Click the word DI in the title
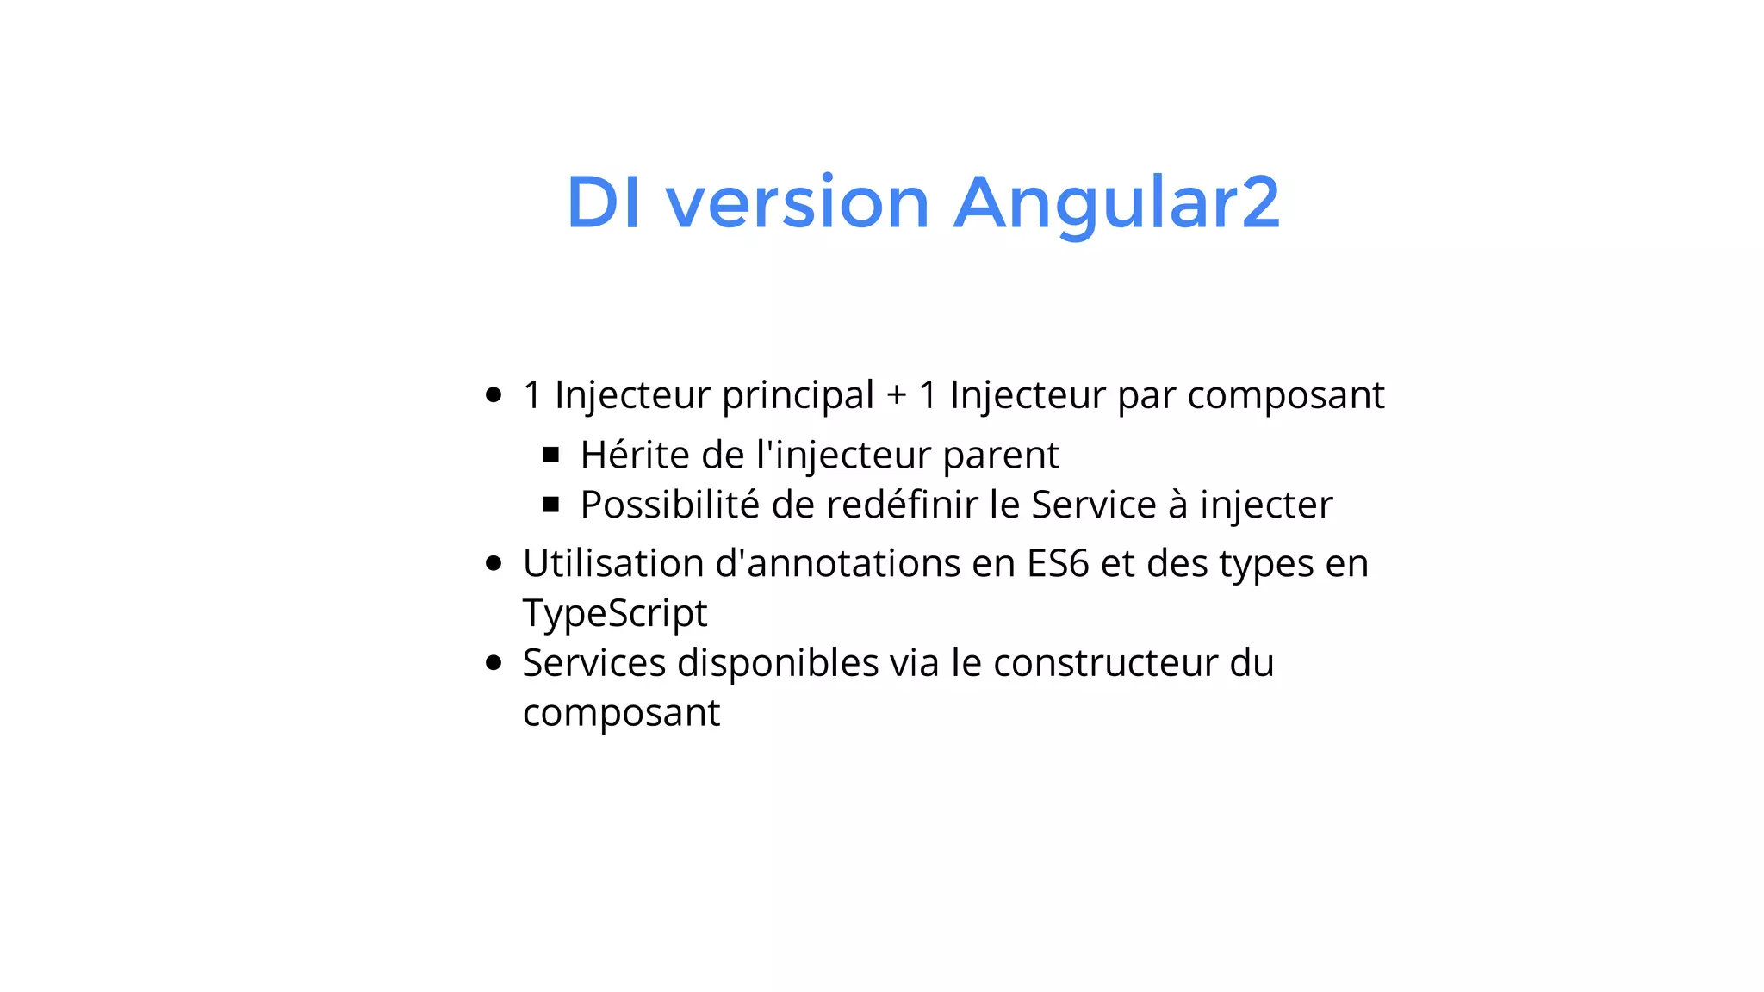tap(603, 203)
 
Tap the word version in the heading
tap(798, 203)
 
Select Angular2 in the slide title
tap(1116, 203)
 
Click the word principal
tap(798, 396)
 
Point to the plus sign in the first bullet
tap(896, 396)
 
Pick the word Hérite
tap(635, 455)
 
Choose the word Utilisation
tap(613, 564)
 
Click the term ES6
tap(1058, 564)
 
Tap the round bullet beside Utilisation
tap(494, 564)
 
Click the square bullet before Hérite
tap(551, 455)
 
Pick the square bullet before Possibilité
tap(551, 505)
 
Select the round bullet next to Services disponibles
tap(494, 663)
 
